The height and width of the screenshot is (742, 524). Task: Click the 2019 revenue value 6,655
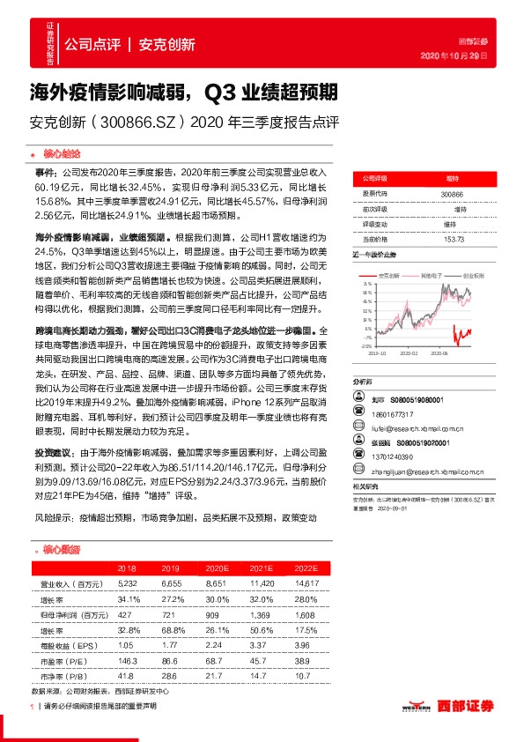(171, 583)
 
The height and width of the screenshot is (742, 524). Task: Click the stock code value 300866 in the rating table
(452, 193)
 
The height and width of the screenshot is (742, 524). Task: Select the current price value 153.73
(452, 239)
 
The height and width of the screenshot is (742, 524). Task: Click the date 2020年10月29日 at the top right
(474, 56)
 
